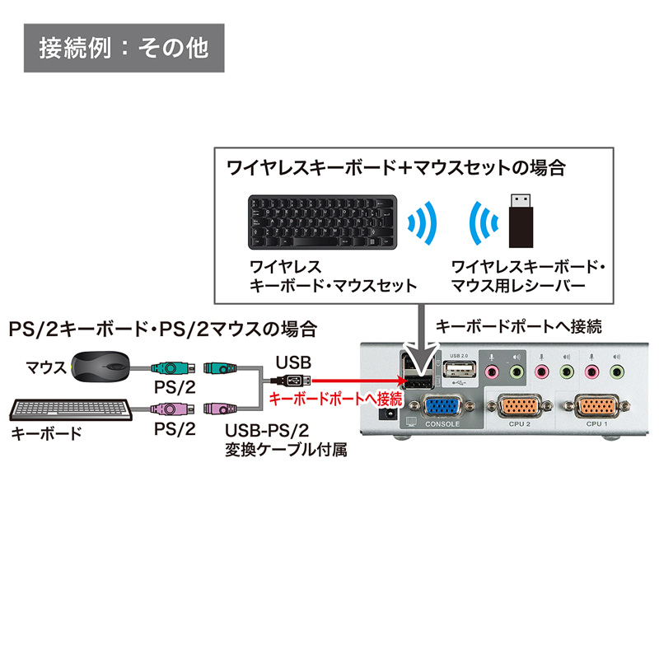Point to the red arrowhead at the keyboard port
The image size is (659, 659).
[x=401, y=380]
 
